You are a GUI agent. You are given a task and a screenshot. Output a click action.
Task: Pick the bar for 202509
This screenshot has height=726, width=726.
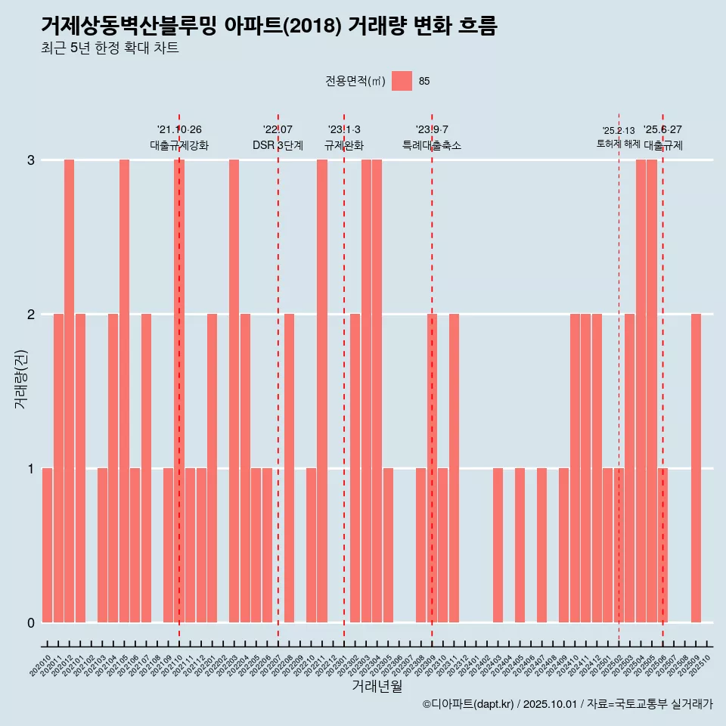click(696, 468)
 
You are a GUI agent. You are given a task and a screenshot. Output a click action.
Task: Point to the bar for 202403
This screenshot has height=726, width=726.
click(498, 545)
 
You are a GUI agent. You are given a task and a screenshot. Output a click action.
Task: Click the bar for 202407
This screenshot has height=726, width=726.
click(541, 545)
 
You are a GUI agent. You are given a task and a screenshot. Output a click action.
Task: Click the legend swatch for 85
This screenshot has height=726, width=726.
click(402, 81)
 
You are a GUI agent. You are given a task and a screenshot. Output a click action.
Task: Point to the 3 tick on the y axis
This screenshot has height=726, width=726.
click(31, 160)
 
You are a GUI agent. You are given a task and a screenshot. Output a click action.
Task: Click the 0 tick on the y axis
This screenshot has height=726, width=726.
click(31, 622)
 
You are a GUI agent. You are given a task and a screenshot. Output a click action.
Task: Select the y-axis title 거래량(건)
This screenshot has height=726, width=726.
click(20, 378)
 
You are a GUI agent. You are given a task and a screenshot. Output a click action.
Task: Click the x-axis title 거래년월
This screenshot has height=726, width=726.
click(377, 686)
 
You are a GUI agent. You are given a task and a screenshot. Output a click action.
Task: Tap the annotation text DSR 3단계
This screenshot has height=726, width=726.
click(278, 145)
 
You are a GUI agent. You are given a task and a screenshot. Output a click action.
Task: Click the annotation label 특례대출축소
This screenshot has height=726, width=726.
click(431, 145)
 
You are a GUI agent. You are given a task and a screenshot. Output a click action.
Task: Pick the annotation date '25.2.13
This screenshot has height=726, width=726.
click(618, 131)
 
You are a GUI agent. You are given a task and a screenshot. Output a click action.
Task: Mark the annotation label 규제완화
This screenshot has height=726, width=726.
click(344, 145)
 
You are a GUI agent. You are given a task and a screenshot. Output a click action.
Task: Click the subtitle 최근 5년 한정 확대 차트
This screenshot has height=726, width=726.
click(110, 48)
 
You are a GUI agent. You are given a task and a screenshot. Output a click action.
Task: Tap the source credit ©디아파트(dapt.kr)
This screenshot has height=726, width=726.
click(469, 704)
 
